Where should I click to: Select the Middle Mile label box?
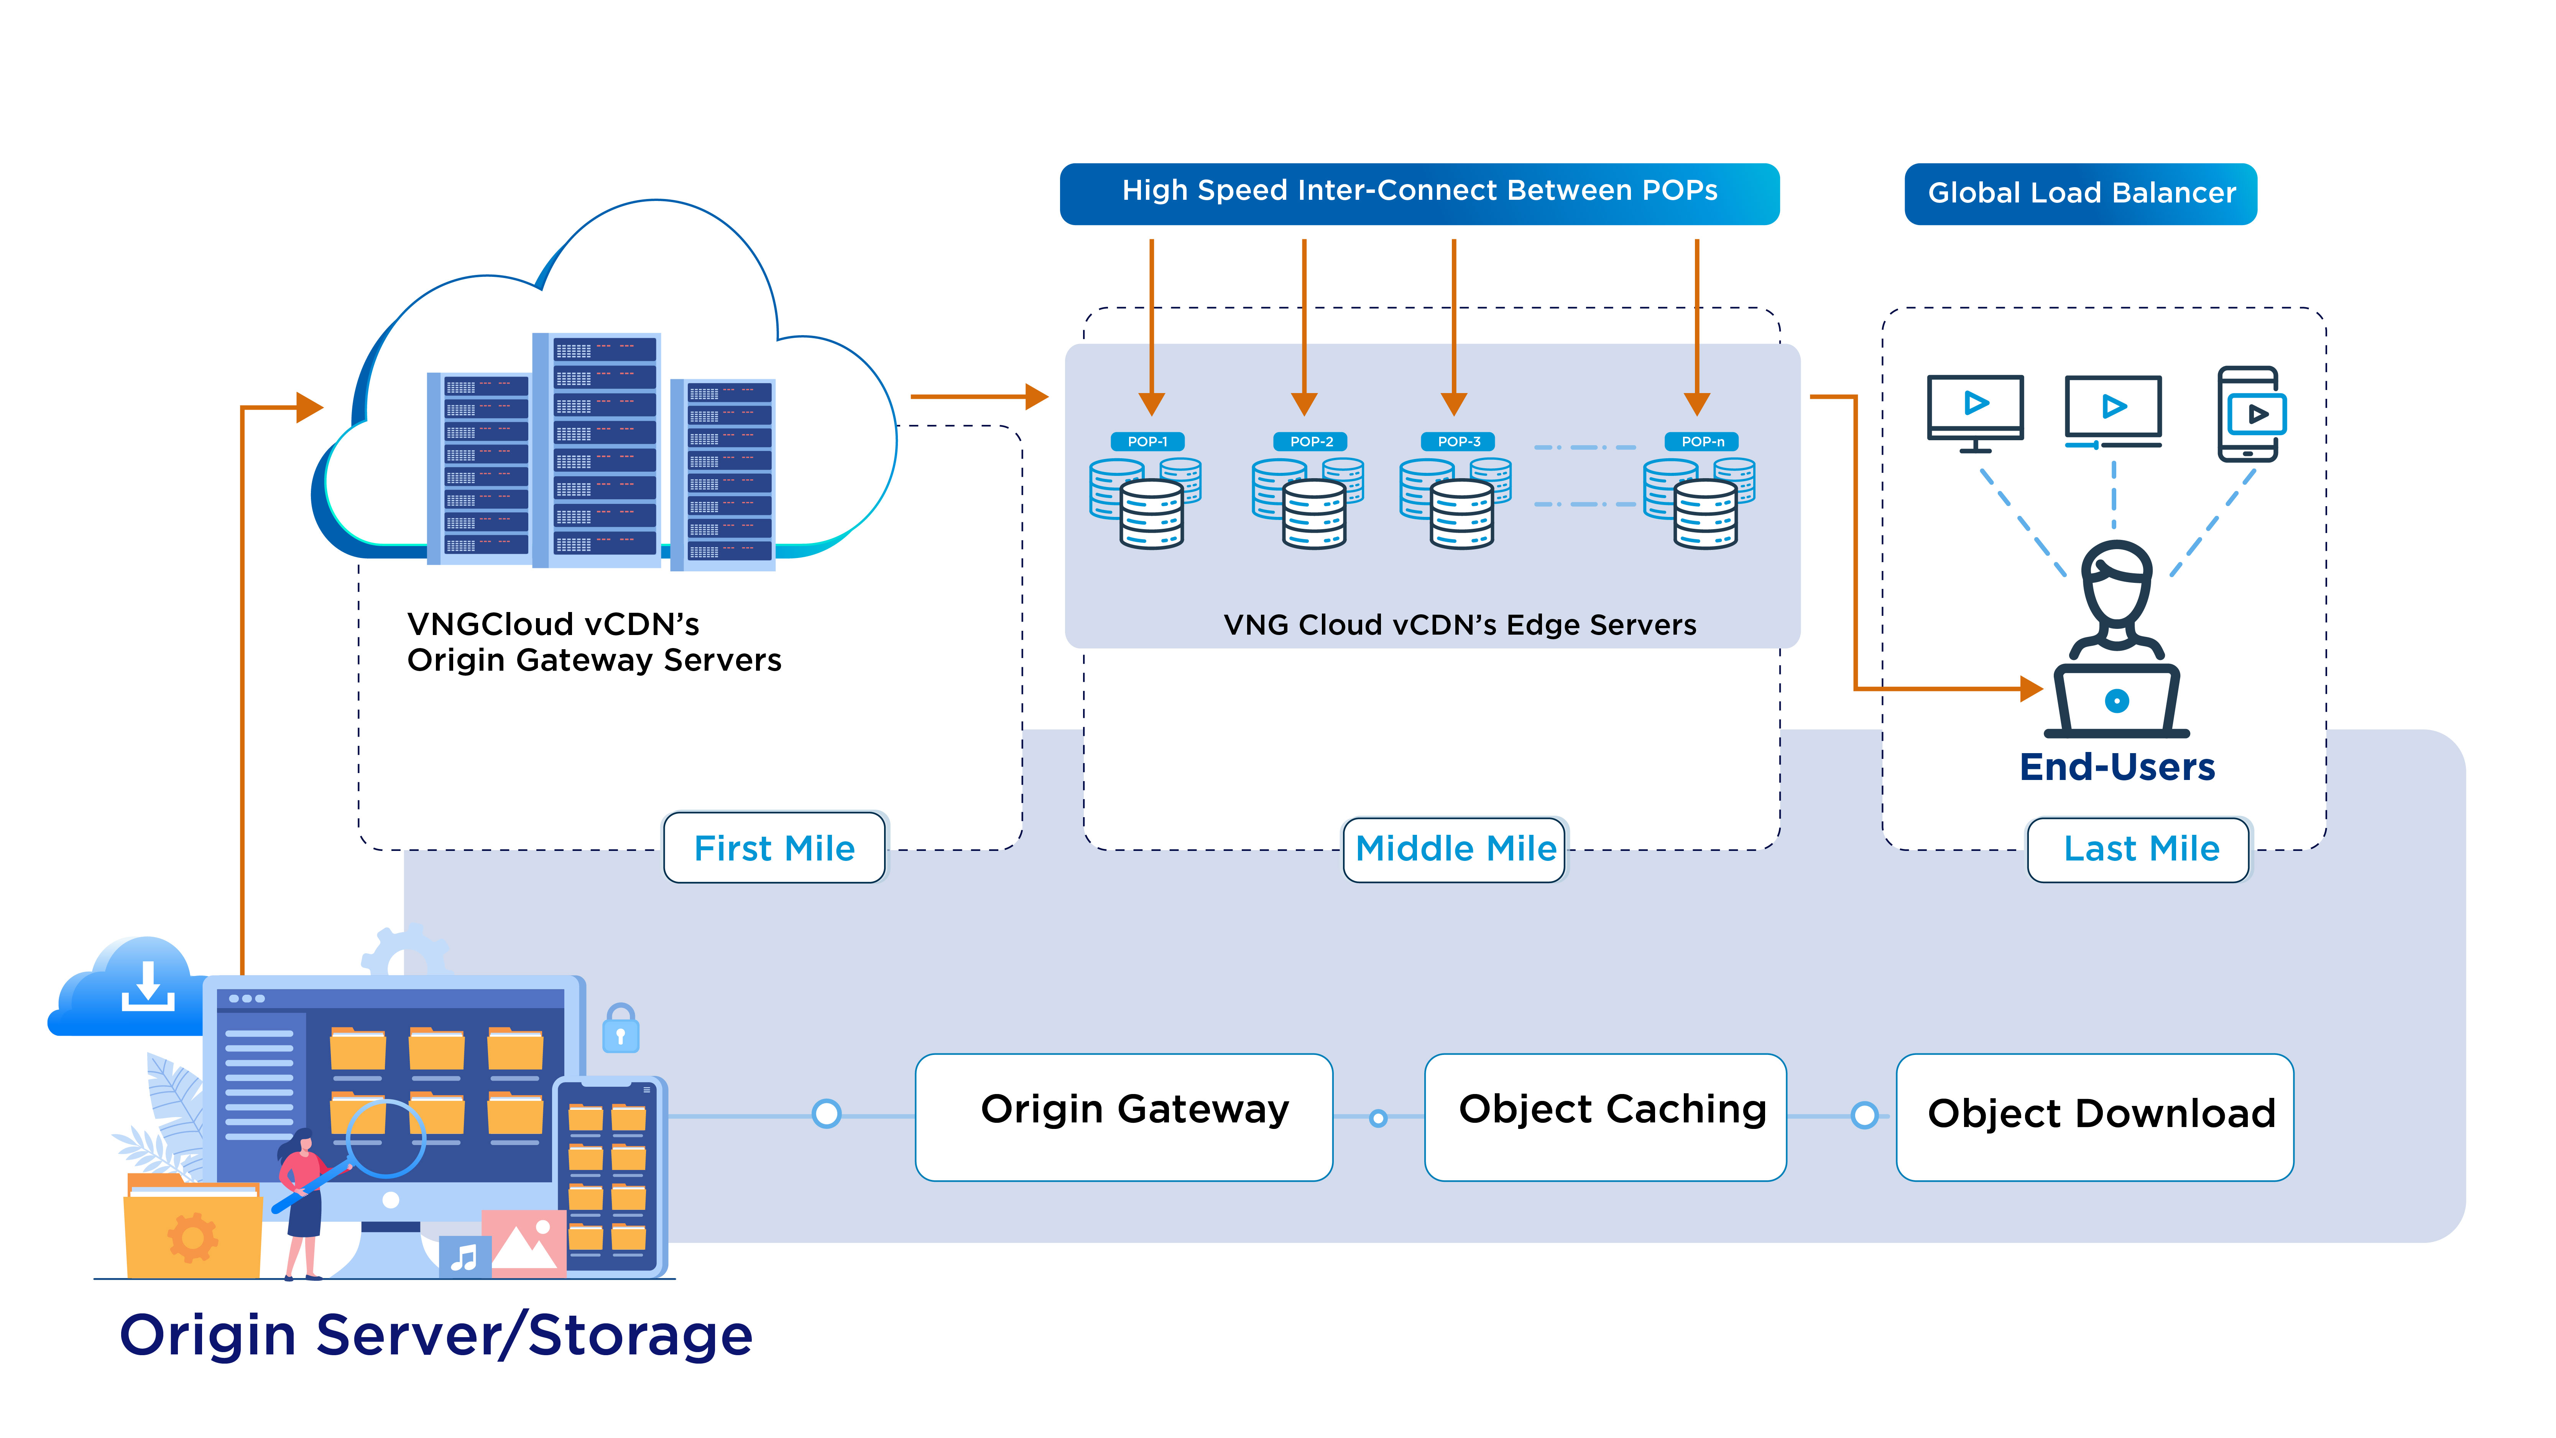(1455, 849)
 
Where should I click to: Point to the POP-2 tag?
(1312, 442)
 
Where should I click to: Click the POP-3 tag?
(1459, 442)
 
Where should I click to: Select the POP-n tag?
(1703, 442)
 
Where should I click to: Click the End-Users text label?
(2116, 767)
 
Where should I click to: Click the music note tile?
(464, 1257)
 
